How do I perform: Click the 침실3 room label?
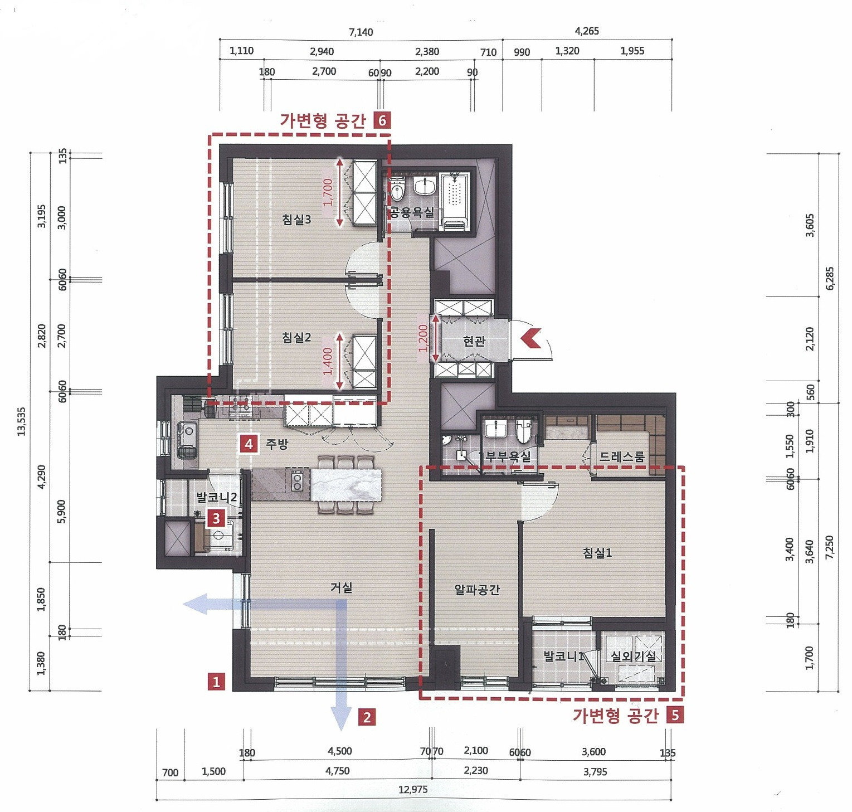[296, 220]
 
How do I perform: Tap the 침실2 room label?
[296, 337]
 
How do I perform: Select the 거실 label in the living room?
[342, 587]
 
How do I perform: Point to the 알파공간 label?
[477, 589]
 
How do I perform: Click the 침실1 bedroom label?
[597, 552]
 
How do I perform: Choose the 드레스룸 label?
[622, 457]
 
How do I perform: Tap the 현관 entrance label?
[474, 341]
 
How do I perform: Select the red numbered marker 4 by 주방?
[249, 444]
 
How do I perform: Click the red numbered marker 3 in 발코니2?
[216, 519]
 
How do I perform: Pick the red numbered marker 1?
[216, 681]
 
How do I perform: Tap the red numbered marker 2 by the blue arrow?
[367, 717]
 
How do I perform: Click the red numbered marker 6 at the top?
[382, 120]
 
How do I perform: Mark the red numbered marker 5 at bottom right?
[675, 715]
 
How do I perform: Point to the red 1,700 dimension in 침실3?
[328, 192]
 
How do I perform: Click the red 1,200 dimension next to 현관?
[423, 338]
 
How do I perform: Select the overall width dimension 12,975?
[413, 790]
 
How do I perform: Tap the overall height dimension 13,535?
[22, 422]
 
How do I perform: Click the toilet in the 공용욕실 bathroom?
[398, 188]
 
